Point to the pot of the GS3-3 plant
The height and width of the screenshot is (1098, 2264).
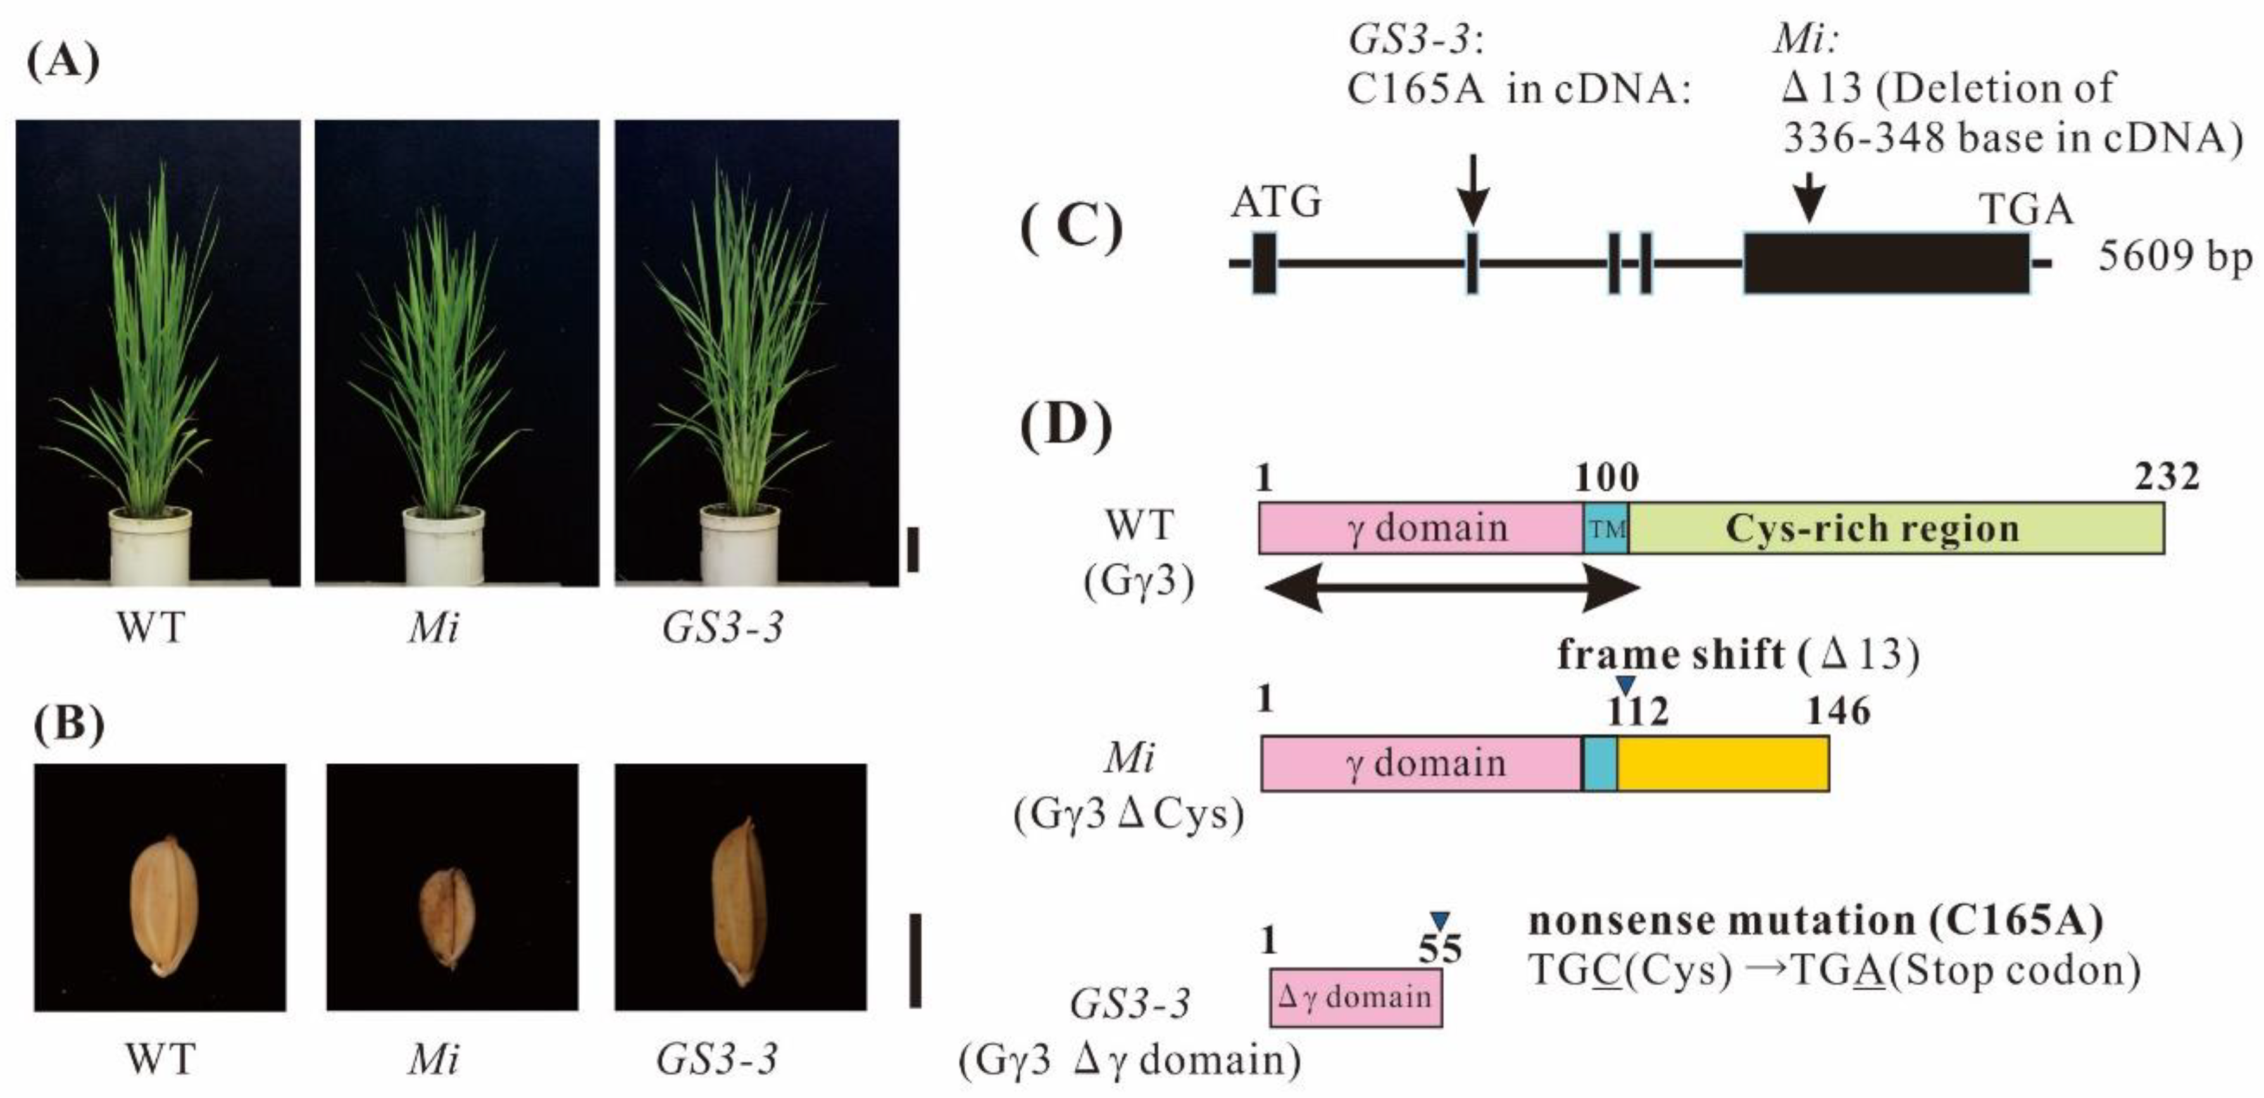pyautogui.click(x=740, y=545)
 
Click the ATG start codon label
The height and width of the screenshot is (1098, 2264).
pyautogui.click(x=1275, y=204)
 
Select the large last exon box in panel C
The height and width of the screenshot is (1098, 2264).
pyautogui.click(x=1886, y=263)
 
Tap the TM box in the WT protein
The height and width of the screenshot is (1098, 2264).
pyautogui.click(x=1606, y=529)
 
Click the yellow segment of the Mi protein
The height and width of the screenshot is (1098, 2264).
pyautogui.click(x=1723, y=763)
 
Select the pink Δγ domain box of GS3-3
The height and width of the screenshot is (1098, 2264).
pyautogui.click(x=1355, y=997)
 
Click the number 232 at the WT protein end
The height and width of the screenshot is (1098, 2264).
pyautogui.click(x=2167, y=477)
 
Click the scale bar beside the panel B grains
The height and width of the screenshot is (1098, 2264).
pyautogui.click(x=915, y=961)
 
